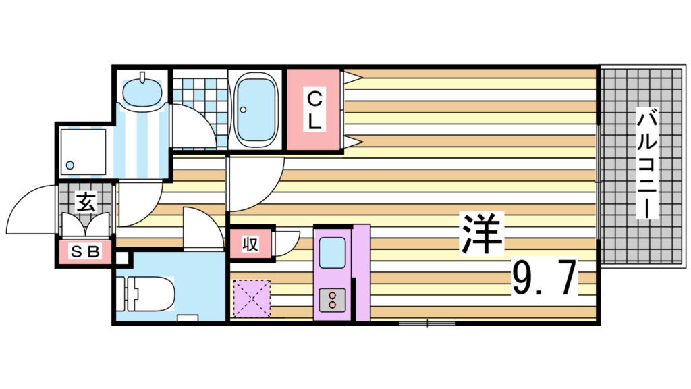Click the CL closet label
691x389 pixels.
(x=314, y=110)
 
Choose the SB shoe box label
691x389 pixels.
(x=85, y=252)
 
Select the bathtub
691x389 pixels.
(x=256, y=109)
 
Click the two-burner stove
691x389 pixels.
(x=332, y=299)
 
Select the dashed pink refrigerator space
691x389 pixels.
(x=251, y=298)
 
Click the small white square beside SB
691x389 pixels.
(x=121, y=257)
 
